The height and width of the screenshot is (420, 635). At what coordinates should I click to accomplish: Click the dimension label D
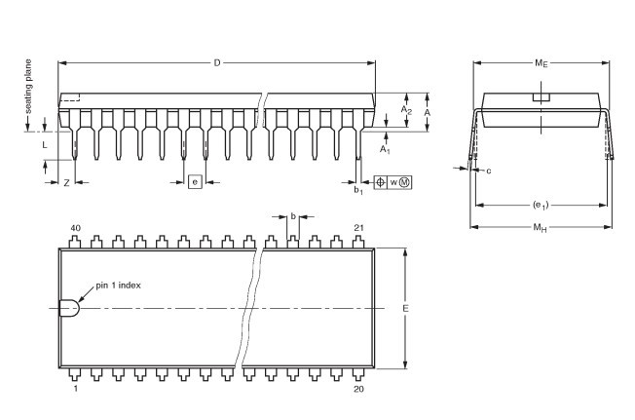click(217, 63)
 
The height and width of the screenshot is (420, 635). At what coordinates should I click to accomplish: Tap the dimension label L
click(45, 144)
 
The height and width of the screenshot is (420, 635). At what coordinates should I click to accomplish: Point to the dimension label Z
click(65, 182)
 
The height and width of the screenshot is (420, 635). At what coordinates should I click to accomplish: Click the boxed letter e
click(195, 182)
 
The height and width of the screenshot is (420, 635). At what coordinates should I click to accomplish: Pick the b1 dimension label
click(358, 190)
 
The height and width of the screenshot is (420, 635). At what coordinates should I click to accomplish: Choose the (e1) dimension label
click(542, 205)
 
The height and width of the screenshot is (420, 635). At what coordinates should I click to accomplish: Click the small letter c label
click(488, 172)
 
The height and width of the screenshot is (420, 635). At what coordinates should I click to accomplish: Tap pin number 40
click(74, 228)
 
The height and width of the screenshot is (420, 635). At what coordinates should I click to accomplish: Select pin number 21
click(358, 228)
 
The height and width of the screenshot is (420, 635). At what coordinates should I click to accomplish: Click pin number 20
click(358, 389)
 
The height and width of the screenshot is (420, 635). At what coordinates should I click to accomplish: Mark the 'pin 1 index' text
click(119, 286)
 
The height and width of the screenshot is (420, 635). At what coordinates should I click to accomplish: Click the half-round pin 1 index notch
click(69, 308)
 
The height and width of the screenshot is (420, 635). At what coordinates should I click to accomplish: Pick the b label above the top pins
click(293, 216)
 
